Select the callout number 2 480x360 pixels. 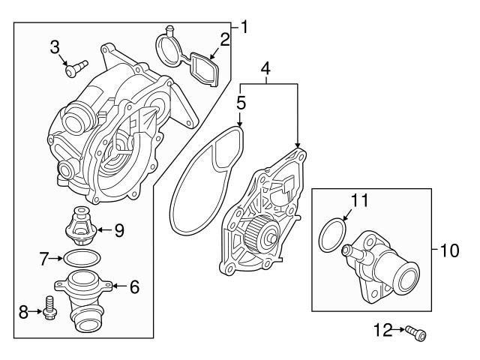225,39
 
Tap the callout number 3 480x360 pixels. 54,48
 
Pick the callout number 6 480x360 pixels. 134,286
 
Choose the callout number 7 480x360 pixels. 44,259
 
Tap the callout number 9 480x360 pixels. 118,231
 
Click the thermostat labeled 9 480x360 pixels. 80,224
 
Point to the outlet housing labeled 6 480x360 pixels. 82,300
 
